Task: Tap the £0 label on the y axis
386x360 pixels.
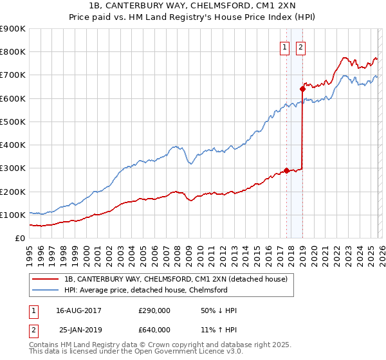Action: (x=20, y=238)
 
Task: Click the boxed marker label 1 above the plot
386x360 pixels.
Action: (x=284, y=46)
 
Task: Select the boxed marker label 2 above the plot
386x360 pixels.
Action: (x=300, y=46)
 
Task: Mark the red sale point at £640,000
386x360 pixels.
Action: (x=302, y=89)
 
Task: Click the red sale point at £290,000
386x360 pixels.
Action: (x=286, y=170)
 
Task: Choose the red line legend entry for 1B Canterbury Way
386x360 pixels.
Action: (x=179, y=278)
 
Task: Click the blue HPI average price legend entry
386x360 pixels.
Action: (x=145, y=290)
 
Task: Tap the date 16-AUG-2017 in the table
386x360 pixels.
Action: (x=79, y=310)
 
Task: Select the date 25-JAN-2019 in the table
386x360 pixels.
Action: (x=79, y=330)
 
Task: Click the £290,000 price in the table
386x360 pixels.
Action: (x=154, y=310)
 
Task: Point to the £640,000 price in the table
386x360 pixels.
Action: (x=154, y=330)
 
